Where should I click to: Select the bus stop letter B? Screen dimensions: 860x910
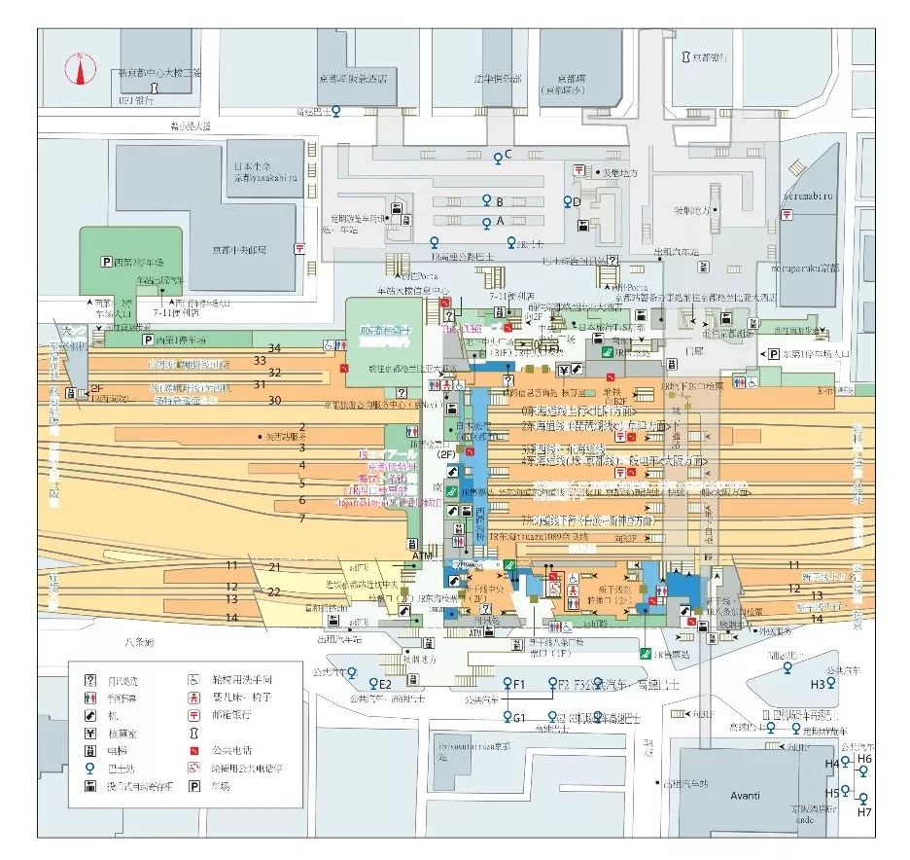click(499, 201)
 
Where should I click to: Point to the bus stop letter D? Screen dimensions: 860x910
click(577, 201)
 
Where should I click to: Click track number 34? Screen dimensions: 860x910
click(274, 348)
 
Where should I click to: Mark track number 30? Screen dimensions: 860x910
click(274, 400)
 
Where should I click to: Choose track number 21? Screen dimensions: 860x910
click(274, 567)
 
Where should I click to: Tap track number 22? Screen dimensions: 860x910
click(274, 591)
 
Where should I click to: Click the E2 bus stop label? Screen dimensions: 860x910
click(385, 684)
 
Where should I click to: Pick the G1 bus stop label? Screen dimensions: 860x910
click(519, 718)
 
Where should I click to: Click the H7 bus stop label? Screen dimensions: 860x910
click(865, 811)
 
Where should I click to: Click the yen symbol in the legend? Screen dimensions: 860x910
click(90, 733)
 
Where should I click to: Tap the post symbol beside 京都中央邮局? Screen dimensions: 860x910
click(298, 249)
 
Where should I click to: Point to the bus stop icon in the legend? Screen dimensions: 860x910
click(90, 768)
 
